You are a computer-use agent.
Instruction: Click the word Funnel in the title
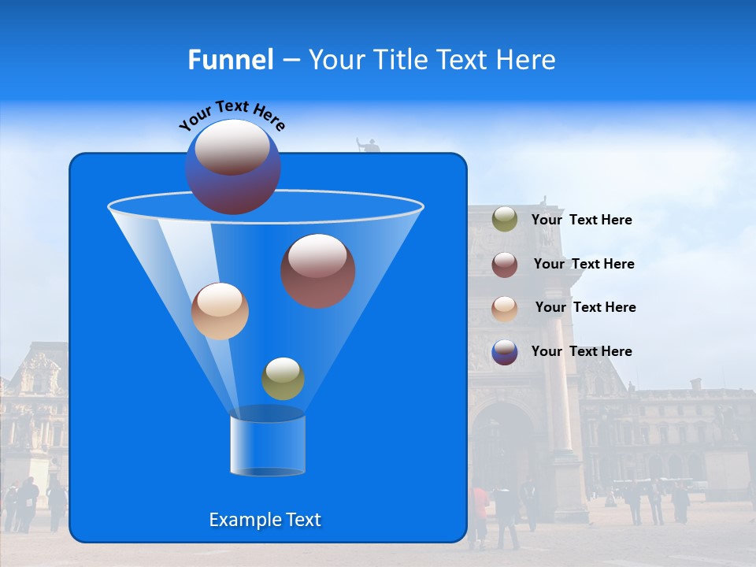coord(230,60)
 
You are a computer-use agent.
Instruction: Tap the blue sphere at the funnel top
coord(233,167)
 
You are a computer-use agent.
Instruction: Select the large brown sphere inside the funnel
coord(318,271)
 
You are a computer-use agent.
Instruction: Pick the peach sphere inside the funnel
coord(220,311)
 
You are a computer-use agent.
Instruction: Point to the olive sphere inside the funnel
coord(283,379)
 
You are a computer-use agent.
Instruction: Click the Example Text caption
coord(265,520)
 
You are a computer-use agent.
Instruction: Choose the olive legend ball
coord(505,219)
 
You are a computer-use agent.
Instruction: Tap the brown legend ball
coord(505,264)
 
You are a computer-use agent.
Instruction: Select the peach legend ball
coord(505,308)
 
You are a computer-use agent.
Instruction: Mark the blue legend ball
coord(505,352)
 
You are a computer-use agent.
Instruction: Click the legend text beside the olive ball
coord(582,220)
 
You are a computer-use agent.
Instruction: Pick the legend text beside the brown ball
coord(584,264)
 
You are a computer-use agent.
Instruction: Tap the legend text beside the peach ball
coord(585,307)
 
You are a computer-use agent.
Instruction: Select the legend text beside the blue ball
coord(582,351)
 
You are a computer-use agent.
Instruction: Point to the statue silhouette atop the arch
coord(367,146)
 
